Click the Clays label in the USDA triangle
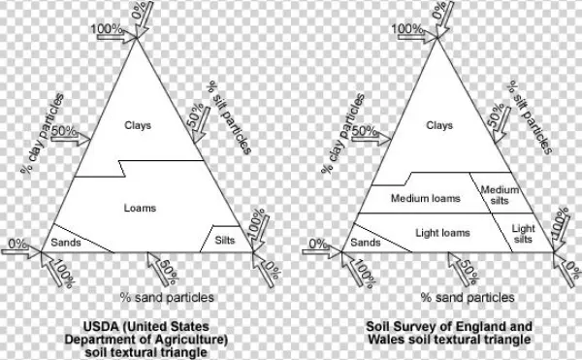[x=140, y=125]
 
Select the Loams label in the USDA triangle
[x=140, y=208]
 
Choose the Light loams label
[x=442, y=234]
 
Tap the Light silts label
[x=523, y=234]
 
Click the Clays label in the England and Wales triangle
[x=439, y=125]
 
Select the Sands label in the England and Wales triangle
[x=365, y=242]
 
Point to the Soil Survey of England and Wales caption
[x=448, y=333]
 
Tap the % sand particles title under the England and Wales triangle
[x=468, y=297]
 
